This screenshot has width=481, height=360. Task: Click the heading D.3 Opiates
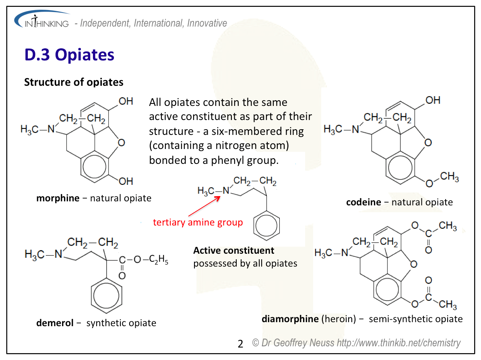(x=69, y=55)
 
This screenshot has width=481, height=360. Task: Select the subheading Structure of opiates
(x=74, y=82)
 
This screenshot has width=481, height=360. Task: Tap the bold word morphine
(x=58, y=198)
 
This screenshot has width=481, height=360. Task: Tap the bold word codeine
(x=363, y=202)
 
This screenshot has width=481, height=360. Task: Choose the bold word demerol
(x=55, y=323)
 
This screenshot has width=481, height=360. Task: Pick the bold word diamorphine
(x=290, y=319)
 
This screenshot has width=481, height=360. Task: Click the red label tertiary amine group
(x=198, y=222)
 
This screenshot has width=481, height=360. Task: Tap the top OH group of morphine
(x=126, y=101)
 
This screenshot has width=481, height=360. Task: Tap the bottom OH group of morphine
(x=126, y=182)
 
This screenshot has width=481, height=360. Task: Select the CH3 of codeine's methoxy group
(x=450, y=177)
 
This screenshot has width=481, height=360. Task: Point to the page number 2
(x=240, y=344)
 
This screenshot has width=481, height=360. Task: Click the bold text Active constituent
(x=233, y=250)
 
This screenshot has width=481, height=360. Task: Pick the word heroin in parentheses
(x=339, y=319)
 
